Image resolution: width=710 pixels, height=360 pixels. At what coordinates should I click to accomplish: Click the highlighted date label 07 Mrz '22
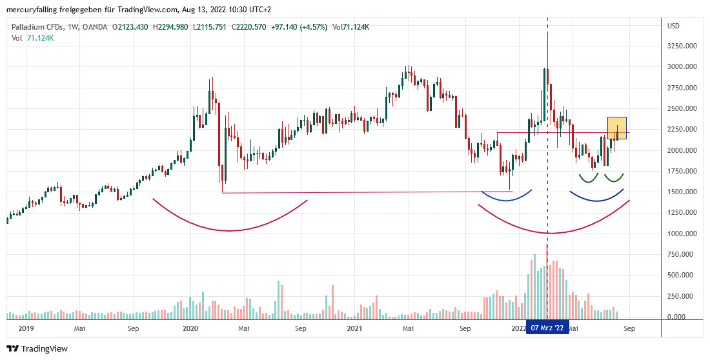[x=547, y=328]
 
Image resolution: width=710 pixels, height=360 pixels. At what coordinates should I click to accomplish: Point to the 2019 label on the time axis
[x=25, y=328]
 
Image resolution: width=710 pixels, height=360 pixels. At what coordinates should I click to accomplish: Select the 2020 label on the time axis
[x=190, y=328]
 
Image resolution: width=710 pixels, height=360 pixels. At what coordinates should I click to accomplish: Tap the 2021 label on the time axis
[x=354, y=328]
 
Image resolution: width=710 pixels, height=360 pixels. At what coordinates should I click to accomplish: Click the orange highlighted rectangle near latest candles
[x=617, y=128]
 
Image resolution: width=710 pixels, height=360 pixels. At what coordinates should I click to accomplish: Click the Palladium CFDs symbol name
[x=38, y=27]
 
